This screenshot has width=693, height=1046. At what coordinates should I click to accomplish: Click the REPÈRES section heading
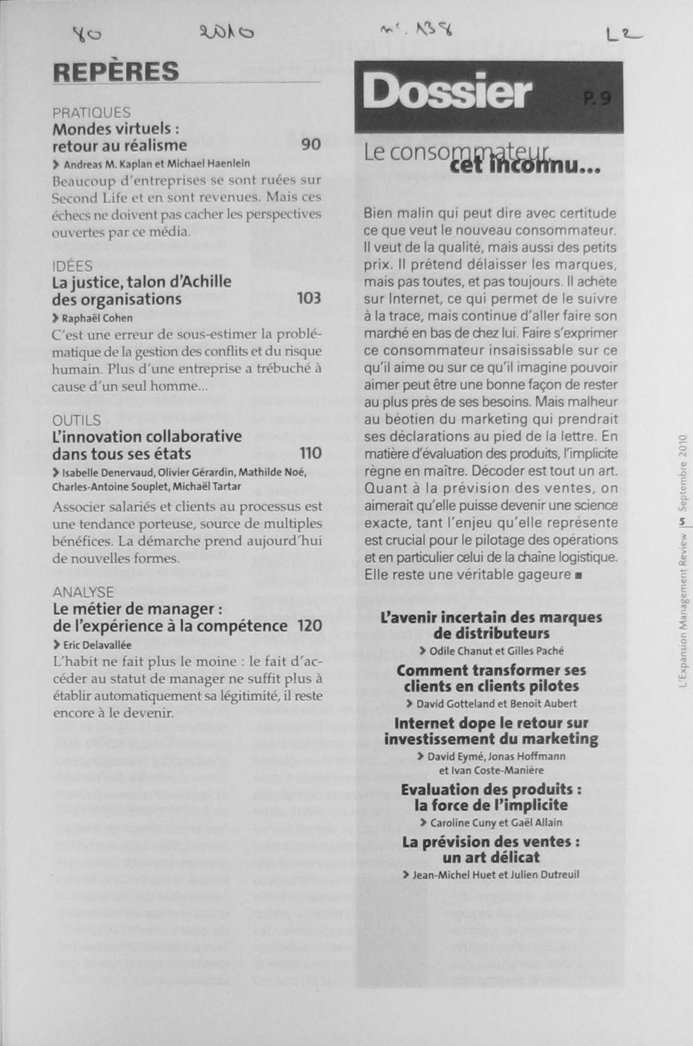tap(116, 72)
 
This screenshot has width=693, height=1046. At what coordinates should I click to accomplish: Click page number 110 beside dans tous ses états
tap(310, 453)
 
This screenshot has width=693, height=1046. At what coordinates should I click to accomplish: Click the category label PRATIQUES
tap(92, 113)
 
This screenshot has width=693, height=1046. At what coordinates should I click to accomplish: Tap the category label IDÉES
tap(72, 266)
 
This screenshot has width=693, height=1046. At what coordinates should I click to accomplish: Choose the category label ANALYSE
tap(83, 592)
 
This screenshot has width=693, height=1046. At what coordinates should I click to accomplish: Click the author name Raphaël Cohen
tap(97, 318)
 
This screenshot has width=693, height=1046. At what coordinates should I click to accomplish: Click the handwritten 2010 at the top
tap(227, 32)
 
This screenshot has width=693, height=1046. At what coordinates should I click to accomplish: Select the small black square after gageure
tap(578, 575)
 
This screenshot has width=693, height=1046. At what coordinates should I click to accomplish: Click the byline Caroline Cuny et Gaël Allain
tap(496, 822)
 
